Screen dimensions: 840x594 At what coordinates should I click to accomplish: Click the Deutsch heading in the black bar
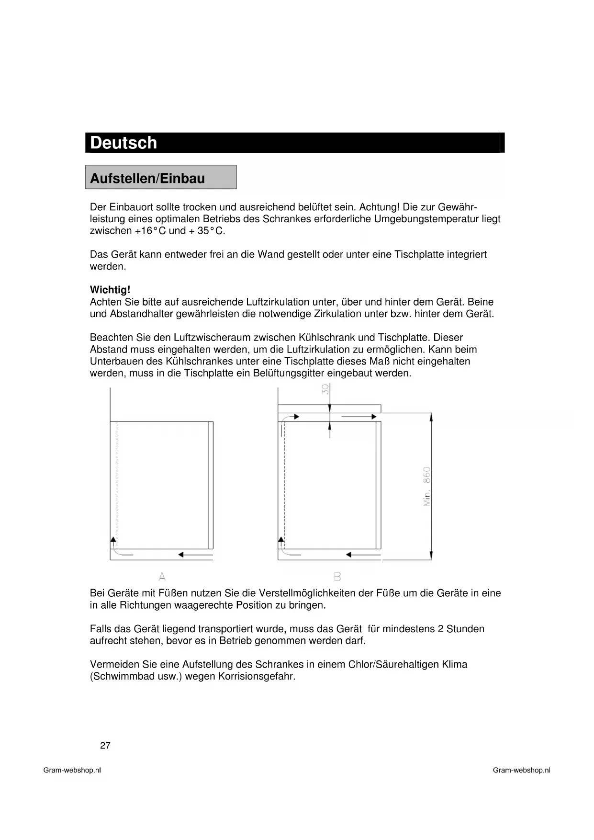(123, 143)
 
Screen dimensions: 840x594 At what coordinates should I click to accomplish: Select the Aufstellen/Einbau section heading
(147, 178)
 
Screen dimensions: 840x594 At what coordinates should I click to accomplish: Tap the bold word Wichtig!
(110, 290)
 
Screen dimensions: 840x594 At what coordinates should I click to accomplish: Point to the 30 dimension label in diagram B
(325, 389)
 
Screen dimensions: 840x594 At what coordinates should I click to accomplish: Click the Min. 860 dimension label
(427, 487)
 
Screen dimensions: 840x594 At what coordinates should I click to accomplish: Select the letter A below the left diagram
(162, 576)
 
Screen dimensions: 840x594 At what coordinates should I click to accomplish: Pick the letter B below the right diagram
(337, 576)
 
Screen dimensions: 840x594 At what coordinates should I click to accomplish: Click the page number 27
(105, 745)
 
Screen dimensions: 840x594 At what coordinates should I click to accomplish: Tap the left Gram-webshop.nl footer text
(72, 770)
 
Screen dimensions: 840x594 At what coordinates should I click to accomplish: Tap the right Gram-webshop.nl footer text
(521, 770)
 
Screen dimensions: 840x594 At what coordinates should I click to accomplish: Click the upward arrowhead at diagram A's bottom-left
(113, 540)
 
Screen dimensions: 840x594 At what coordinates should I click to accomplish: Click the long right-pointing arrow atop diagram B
(359, 417)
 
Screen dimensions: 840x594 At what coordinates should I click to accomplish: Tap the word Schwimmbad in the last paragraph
(118, 676)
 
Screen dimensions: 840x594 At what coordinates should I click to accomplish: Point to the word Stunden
(465, 629)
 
